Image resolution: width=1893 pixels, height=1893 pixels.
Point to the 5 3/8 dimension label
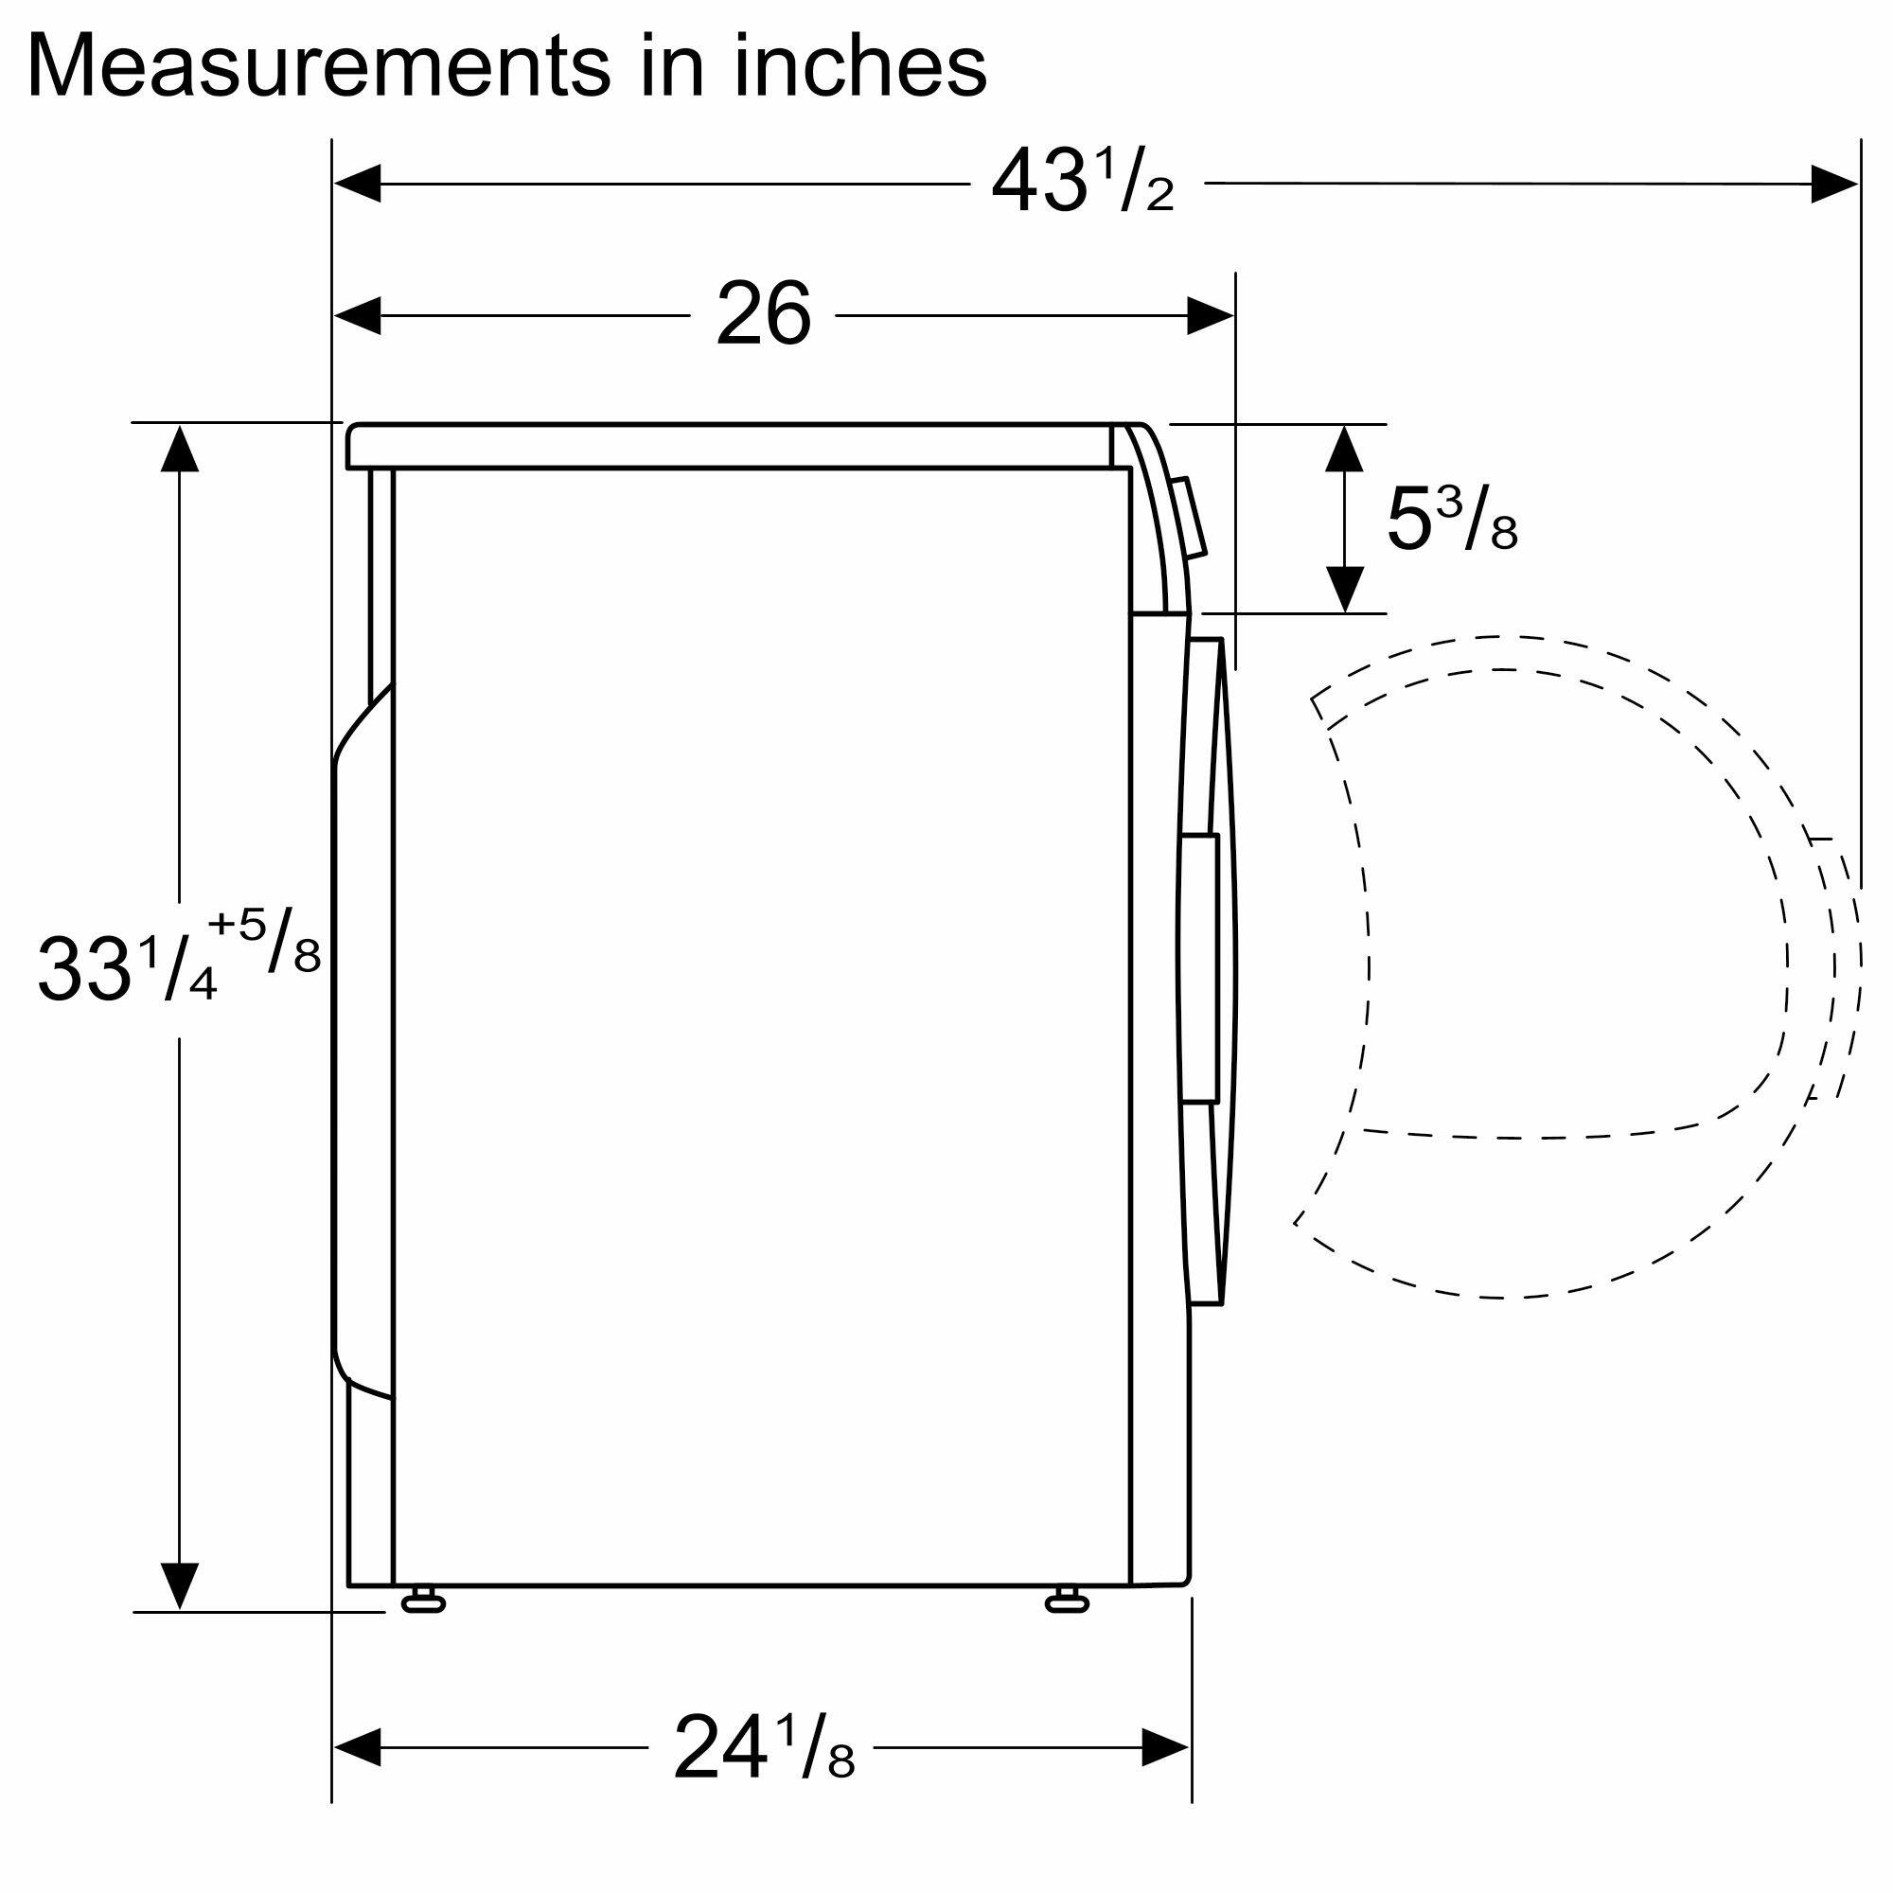point(1451,521)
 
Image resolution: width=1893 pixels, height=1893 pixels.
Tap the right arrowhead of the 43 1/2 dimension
point(1834,185)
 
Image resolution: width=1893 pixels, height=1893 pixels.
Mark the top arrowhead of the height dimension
point(178,448)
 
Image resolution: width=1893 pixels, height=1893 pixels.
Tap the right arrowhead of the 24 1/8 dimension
point(1166,1747)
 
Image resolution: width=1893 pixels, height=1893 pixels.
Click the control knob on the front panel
point(1192,520)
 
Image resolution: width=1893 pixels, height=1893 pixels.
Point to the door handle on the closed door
point(1199,969)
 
